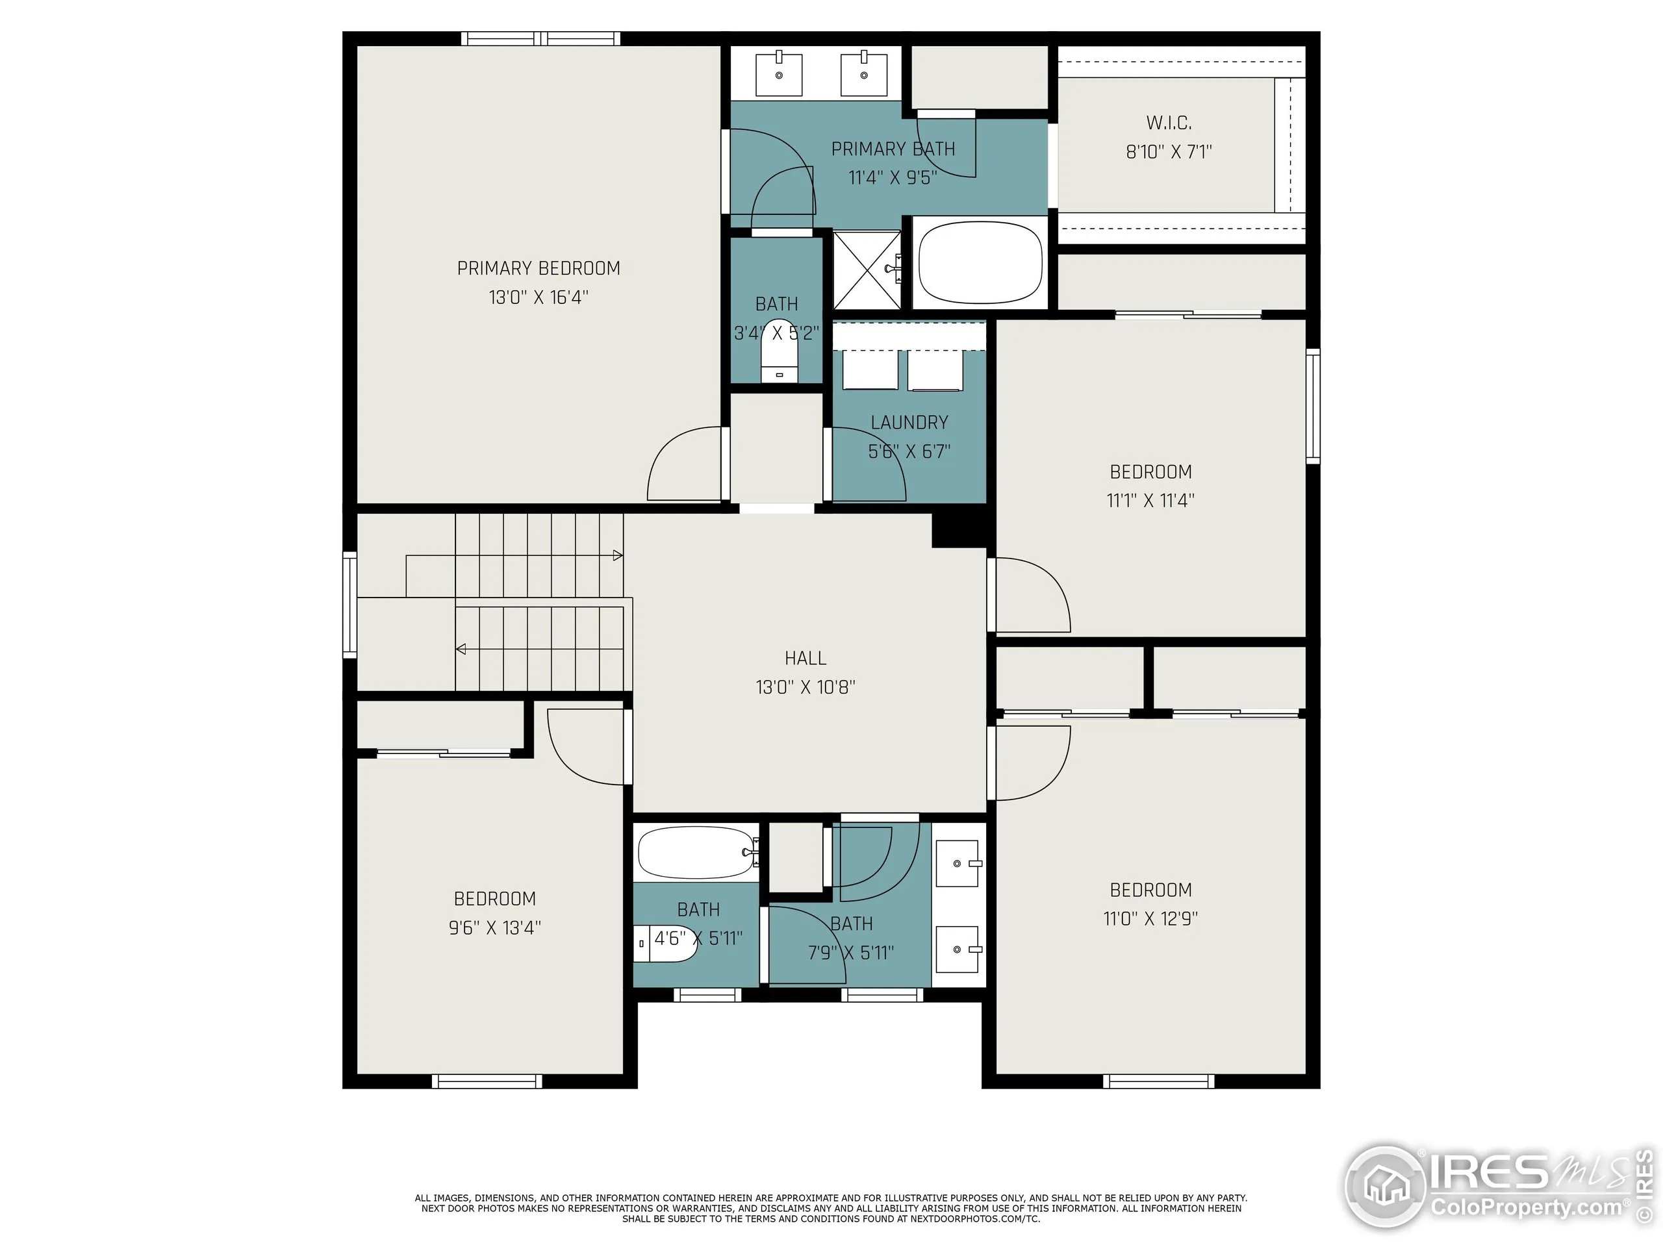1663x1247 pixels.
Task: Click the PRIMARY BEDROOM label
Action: click(539, 268)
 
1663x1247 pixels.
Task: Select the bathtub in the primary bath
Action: click(980, 262)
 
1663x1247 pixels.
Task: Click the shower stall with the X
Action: click(867, 269)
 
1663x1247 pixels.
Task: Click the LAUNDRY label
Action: click(909, 422)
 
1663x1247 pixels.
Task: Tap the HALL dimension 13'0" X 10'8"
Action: click(805, 687)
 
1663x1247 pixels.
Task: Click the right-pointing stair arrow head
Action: click(618, 555)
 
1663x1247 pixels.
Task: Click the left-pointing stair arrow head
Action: click(461, 649)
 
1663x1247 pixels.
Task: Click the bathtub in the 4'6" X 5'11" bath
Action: click(696, 852)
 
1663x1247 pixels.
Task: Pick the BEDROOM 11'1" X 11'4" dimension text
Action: click(1150, 501)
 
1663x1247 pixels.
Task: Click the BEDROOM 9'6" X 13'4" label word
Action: click(495, 898)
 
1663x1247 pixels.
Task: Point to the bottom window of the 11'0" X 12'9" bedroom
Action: click(1158, 1081)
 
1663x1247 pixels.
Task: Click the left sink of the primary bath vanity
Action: click(779, 73)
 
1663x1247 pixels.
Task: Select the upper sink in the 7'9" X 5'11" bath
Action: click(958, 864)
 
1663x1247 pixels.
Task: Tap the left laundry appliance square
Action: click(870, 370)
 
